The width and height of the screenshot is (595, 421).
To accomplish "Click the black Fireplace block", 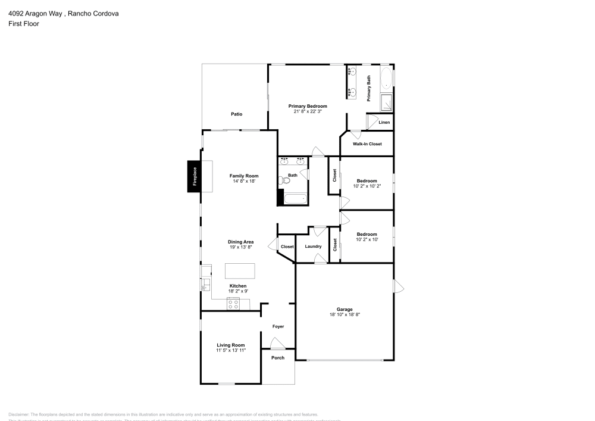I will pyautogui.click(x=195, y=177).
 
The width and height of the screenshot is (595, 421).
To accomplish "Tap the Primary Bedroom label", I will pyautogui.click(x=308, y=106).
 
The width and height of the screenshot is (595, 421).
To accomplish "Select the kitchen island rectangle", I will pyautogui.click(x=240, y=271).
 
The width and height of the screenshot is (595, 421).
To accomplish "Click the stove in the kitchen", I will pyautogui.click(x=233, y=304).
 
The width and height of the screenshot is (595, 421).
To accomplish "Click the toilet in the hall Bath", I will pyautogui.click(x=281, y=179).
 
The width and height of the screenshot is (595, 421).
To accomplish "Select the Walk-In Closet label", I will pyautogui.click(x=367, y=144).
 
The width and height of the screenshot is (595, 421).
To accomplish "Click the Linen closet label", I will pyautogui.click(x=384, y=123).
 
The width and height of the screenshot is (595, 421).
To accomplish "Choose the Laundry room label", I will pyautogui.click(x=313, y=247).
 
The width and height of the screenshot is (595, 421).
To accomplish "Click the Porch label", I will pyautogui.click(x=278, y=358).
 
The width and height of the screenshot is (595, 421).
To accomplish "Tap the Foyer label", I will pyautogui.click(x=278, y=326).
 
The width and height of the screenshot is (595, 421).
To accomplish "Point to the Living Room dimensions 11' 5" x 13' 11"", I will pyautogui.click(x=231, y=350).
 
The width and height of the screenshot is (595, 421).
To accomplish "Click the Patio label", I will pyautogui.click(x=236, y=114).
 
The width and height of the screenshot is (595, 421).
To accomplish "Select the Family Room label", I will pyautogui.click(x=244, y=176).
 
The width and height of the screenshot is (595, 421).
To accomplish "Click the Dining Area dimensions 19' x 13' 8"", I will pyautogui.click(x=240, y=247).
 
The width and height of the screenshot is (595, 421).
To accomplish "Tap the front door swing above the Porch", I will pyautogui.click(x=277, y=344).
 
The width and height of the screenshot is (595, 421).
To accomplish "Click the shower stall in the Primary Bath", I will pyautogui.click(x=386, y=102).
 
